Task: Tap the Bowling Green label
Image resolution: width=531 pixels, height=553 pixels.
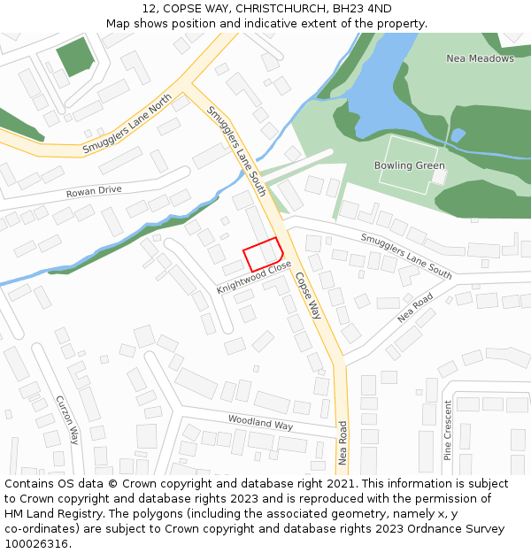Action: [409, 165]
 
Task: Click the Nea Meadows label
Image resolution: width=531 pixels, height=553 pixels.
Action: [480, 58]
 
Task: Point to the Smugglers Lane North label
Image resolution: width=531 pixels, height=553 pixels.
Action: [127, 126]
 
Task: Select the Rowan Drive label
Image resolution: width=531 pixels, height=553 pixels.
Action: [94, 191]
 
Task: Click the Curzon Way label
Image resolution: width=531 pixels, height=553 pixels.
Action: [68, 419]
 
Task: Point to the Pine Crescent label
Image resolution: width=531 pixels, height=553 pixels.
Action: [448, 430]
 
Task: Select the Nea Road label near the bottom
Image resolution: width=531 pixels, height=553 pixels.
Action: [343, 442]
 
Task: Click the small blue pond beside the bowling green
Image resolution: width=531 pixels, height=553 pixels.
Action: [457, 135]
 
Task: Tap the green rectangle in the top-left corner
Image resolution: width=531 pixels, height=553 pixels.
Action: [74, 57]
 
